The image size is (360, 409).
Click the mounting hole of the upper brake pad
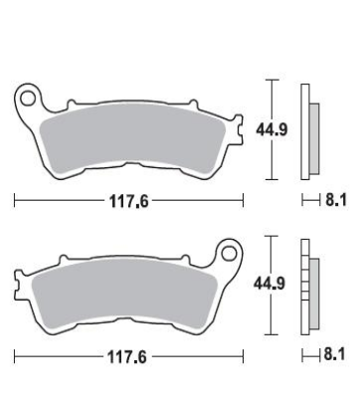28,99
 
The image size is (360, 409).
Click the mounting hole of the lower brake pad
229,254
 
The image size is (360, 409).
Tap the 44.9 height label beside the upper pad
271,129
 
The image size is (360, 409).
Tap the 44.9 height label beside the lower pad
270,284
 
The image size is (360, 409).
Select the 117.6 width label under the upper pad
129,201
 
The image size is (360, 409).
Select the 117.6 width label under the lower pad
126,357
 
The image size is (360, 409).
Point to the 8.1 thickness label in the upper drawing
336,200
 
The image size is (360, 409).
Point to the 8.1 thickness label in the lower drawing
334,354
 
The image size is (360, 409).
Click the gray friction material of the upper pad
132,138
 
